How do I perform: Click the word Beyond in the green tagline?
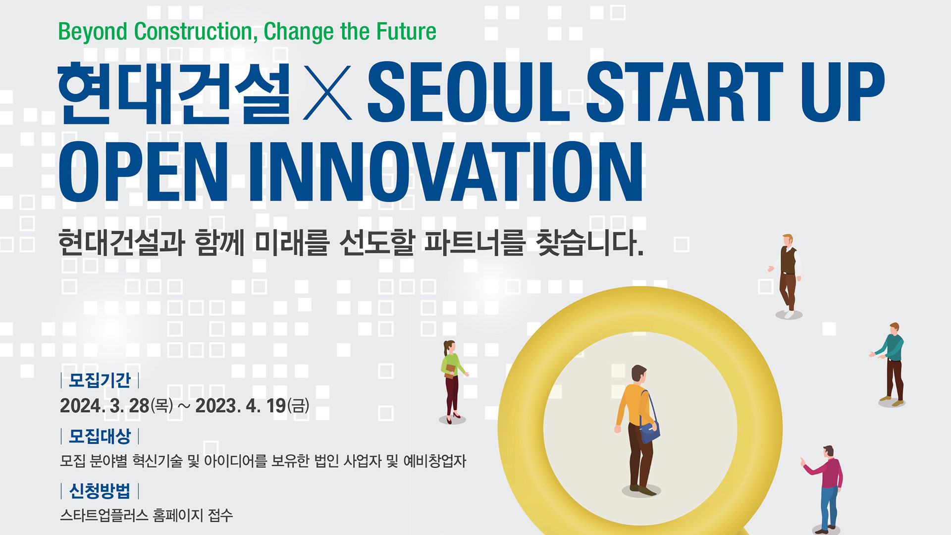[x=93, y=32]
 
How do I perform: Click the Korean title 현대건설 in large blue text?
[x=174, y=93]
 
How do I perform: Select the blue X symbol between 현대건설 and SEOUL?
[x=327, y=93]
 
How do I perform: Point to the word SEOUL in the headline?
[x=469, y=93]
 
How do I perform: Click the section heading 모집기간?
[x=100, y=380]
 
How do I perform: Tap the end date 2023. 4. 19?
[x=240, y=406]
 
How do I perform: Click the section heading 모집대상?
[x=100, y=436]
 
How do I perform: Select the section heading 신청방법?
[x=100, y=491]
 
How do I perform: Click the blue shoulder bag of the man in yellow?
[x=649, y=430]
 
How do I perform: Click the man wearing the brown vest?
[x=788, y=275]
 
